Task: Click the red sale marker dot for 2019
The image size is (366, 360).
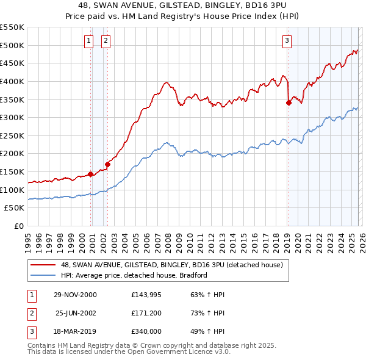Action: pos(289,103)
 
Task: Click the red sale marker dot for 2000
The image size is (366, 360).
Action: pos(91,174)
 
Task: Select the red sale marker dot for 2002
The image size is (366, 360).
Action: pos(108,164)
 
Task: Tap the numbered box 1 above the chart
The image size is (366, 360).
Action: pos(89,41)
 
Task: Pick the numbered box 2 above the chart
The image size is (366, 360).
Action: pos(106,41)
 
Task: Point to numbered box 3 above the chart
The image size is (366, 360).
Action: pos(287,41)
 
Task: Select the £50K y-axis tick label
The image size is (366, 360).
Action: pos(15,208)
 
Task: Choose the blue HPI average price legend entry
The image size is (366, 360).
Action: pos(134,275)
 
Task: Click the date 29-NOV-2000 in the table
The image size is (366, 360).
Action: pos(75,295)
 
